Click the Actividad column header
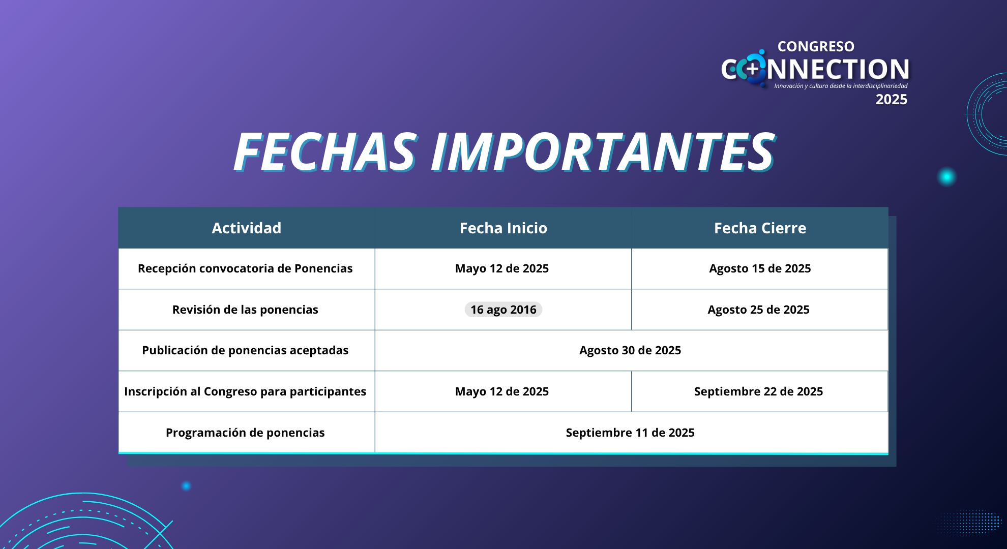coord(246,228)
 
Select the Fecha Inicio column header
coord(503,228)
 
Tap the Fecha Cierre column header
coord(760,228)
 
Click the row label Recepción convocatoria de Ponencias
coord(245,268)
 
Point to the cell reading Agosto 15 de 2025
coord(760,268)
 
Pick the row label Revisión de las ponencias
coord(245,310)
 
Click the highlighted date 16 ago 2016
coord(503,310)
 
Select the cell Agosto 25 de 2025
coord(758,310)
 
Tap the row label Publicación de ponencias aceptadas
coord(245,350)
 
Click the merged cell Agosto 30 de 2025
coord(630,350)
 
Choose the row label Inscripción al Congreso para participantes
coord(245,391)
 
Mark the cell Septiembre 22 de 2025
coord(758,391)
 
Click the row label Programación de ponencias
coord(245,433)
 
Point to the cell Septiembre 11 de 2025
coord(630,433)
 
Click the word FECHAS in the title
coord(325,151)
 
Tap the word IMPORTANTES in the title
coord(603,151)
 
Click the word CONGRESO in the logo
coord(816,46)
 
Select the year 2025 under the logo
coord(891,99)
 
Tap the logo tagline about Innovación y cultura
coord(841,86)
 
